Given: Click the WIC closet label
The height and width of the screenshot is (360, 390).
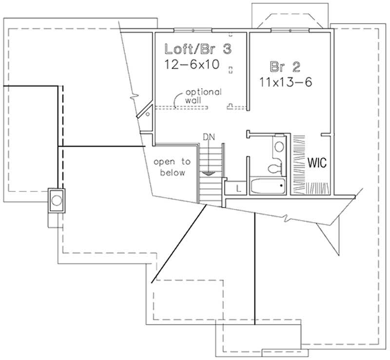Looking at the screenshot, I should (x=316, y=161).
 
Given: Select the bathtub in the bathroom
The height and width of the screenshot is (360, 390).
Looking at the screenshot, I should (x=268, y=186).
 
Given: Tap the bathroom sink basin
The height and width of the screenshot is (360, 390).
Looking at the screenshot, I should (x=279, y=146).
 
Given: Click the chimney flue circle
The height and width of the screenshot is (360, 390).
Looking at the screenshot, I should (x=57, y=199).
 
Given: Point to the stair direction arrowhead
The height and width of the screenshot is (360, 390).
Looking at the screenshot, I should (x=209, y=172).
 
